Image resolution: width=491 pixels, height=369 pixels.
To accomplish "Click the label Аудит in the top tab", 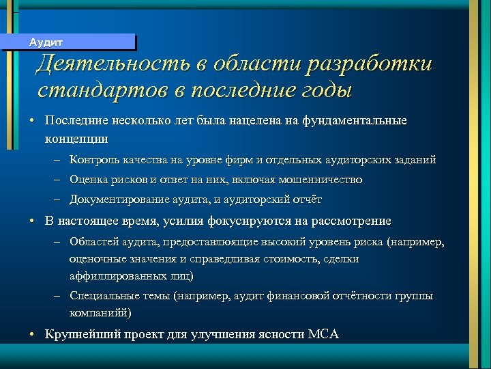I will (x=46, y=42).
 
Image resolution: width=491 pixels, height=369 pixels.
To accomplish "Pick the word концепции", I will (x=76, y=138).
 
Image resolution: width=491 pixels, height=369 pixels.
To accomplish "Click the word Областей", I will (x=92, y=243).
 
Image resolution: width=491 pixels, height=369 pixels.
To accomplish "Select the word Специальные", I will (x=98, y=296).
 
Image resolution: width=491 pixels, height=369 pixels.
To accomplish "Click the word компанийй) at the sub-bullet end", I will (x=101, y=313).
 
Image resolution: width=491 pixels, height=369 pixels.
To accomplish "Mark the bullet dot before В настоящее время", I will (x=32, y=221).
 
